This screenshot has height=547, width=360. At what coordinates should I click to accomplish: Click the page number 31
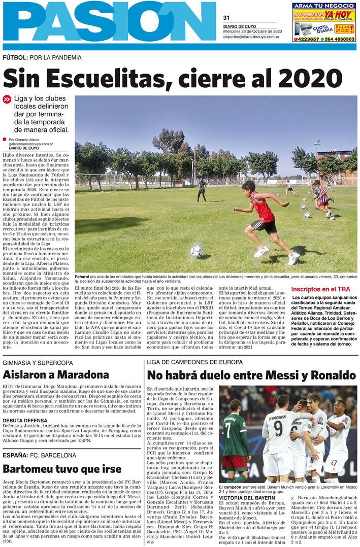click(226, 17)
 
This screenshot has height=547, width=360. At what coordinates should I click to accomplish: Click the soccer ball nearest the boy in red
click(197, 251)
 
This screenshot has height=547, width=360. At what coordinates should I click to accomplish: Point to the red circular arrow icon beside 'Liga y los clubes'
click(7, 100)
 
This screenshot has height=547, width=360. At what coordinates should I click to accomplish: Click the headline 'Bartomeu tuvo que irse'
click(62, 468)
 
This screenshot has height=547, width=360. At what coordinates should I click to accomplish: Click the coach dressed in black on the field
click(203, 189)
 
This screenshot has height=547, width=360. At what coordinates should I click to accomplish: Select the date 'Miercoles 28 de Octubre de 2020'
click(252, 31)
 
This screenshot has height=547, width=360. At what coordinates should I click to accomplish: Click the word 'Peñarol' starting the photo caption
click(83, 277)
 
